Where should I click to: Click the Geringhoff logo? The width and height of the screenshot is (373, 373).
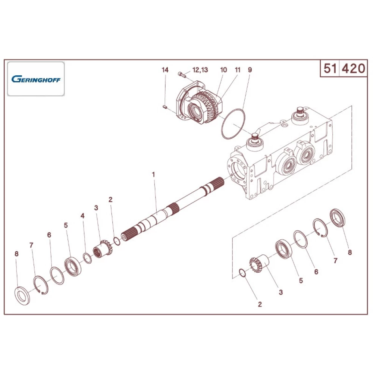[36, 79]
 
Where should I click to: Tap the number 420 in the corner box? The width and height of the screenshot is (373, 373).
[353, 68]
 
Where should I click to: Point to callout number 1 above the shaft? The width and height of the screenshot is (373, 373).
[153, 174]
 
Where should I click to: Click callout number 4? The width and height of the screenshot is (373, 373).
[83, 216]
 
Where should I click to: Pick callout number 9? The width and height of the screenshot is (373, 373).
[250, 70]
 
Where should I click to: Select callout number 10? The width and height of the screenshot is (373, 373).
[223, 70]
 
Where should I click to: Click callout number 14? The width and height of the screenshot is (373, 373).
[165, 70]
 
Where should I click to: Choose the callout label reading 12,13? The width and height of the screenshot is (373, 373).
[200, 70]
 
